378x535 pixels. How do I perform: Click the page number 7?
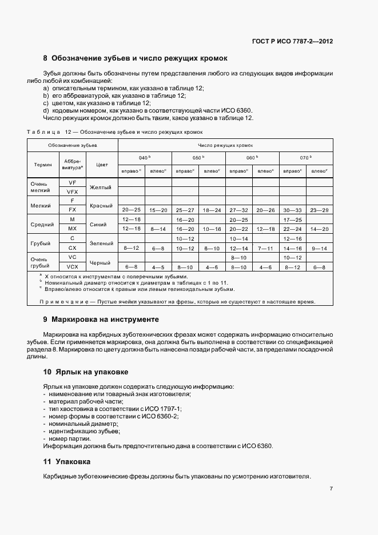pyautogui.click(x=332, y=489)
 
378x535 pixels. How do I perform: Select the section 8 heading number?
pyautogui.click(x=46, y=58)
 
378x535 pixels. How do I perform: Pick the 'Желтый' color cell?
pyautogui.click(x=102, y=187)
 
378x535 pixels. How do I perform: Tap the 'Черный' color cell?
pyautogui.click(x=102, y=262)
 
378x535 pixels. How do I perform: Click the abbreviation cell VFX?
pyautogui.click(x=72, y=191)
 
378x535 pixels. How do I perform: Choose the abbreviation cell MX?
pyautogui.click(x=72, y=229)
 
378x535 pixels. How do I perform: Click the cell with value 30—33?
pyautogui.click(x=292, y=210)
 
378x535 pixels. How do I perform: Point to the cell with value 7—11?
pyautogui.click(x=265, y=247)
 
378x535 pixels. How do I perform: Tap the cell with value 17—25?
pyautogui.click(x=292, y=219)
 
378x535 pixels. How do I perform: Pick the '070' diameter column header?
pyautogui.click(x=305, y=157)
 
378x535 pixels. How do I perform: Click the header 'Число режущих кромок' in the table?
pyautogui.click(x=225, y=146)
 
